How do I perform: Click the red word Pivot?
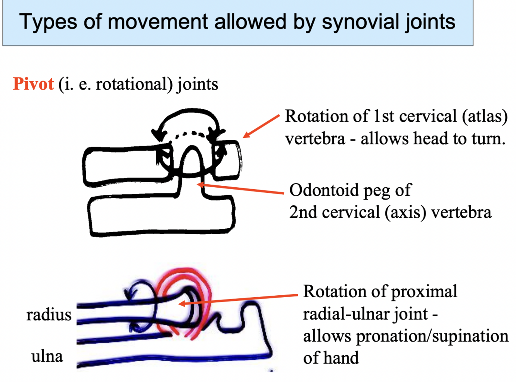pos(33,84)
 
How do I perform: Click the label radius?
pos(49,315)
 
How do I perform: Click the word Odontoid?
pos(324,190)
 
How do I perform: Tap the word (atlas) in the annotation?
pos(485,116)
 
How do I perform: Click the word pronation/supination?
pos(432,336)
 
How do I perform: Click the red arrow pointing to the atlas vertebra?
pos(261,126)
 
